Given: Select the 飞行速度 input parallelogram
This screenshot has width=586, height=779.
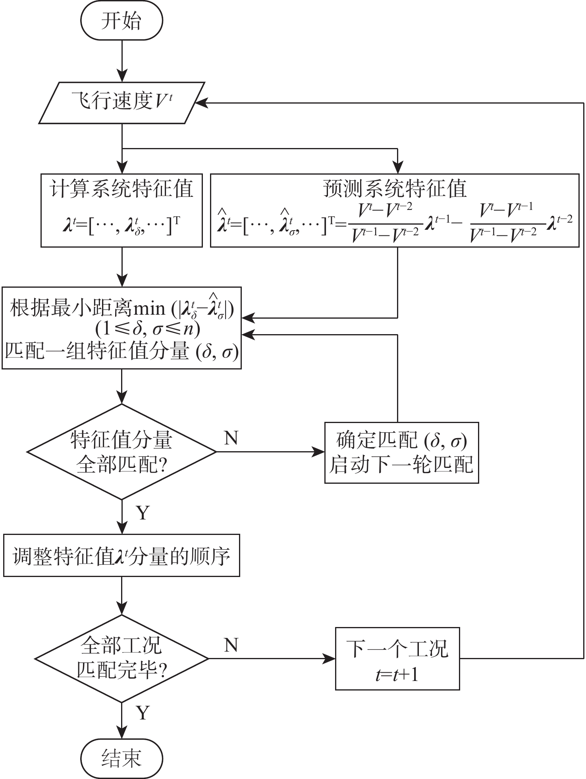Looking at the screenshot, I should [121, 103].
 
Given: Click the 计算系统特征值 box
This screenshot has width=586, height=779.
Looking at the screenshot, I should [121, 210].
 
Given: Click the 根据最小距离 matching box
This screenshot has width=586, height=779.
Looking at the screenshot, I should [121, 328].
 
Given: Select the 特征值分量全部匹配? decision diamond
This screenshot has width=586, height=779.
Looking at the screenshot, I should [121, 452].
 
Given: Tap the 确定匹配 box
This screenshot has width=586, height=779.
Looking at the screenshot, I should [401, 452].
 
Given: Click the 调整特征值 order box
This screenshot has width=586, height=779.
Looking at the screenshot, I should [121, 555].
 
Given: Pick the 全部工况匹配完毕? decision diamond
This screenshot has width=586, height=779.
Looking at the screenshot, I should [121, 659].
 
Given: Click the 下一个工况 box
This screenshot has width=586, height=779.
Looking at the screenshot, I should [397, 659].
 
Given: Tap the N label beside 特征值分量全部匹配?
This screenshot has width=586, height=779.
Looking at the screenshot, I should [231, 438].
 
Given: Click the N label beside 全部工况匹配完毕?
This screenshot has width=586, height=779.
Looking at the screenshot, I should [231, 645].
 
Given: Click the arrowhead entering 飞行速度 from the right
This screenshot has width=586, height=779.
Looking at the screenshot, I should [201, 103].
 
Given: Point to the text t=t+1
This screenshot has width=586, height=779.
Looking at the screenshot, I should [397, 674].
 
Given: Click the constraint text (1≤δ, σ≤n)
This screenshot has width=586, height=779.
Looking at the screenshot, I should [148, 329].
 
